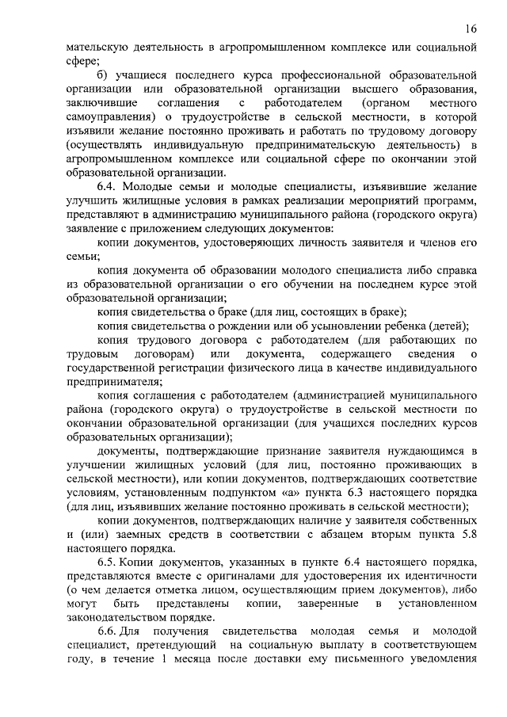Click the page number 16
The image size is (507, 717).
471,29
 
